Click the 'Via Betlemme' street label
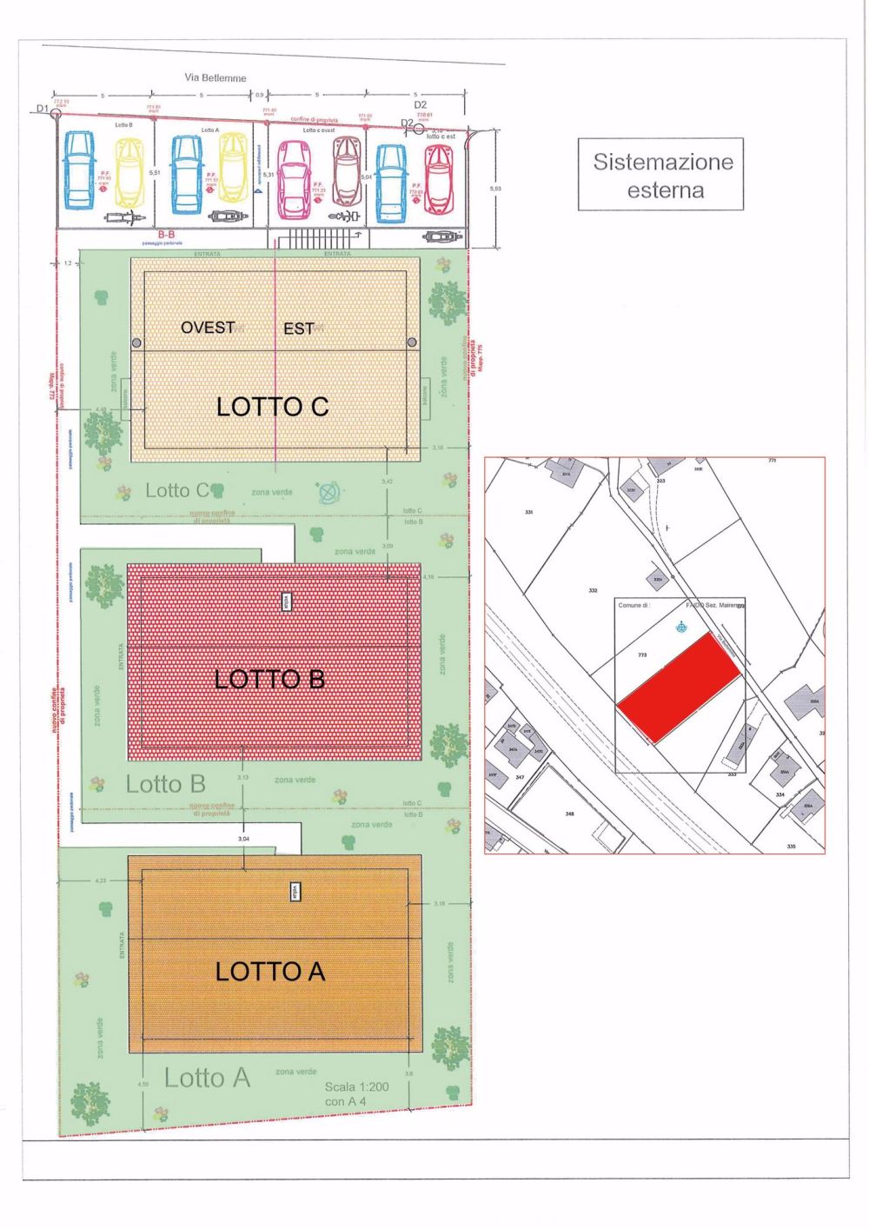216,77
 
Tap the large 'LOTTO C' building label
272,406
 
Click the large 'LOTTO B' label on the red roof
269,679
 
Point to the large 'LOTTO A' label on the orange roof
270,971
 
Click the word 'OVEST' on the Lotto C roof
208,328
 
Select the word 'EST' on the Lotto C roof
299,329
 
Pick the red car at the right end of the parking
438,178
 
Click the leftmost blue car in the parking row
79,170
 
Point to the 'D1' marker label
43,109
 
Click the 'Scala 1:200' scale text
356,1086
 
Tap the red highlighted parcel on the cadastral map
680,687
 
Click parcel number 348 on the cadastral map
569,814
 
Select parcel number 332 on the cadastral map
593,590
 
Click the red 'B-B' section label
166,235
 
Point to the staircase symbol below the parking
317,239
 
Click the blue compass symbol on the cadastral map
681,626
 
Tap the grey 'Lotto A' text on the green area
207,1078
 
